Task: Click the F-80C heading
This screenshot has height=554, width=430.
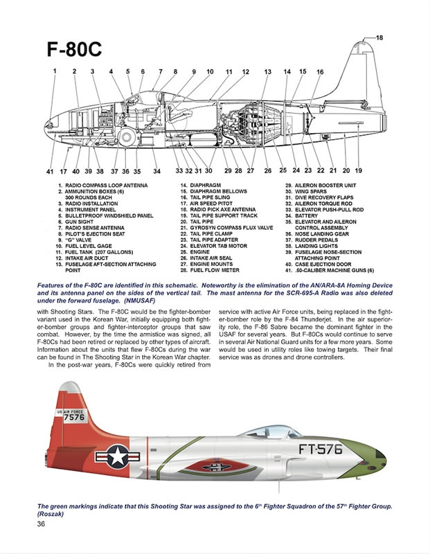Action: [x=74, y=51]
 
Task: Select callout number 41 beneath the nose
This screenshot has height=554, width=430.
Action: [x=49, y=170]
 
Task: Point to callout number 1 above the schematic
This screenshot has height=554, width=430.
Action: [x=54, y=71]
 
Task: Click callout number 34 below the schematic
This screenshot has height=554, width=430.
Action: [x=156, y=170]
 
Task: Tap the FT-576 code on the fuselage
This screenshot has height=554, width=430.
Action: [x=320, y=449]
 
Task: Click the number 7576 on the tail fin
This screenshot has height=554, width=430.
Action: [x=74, y=418]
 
